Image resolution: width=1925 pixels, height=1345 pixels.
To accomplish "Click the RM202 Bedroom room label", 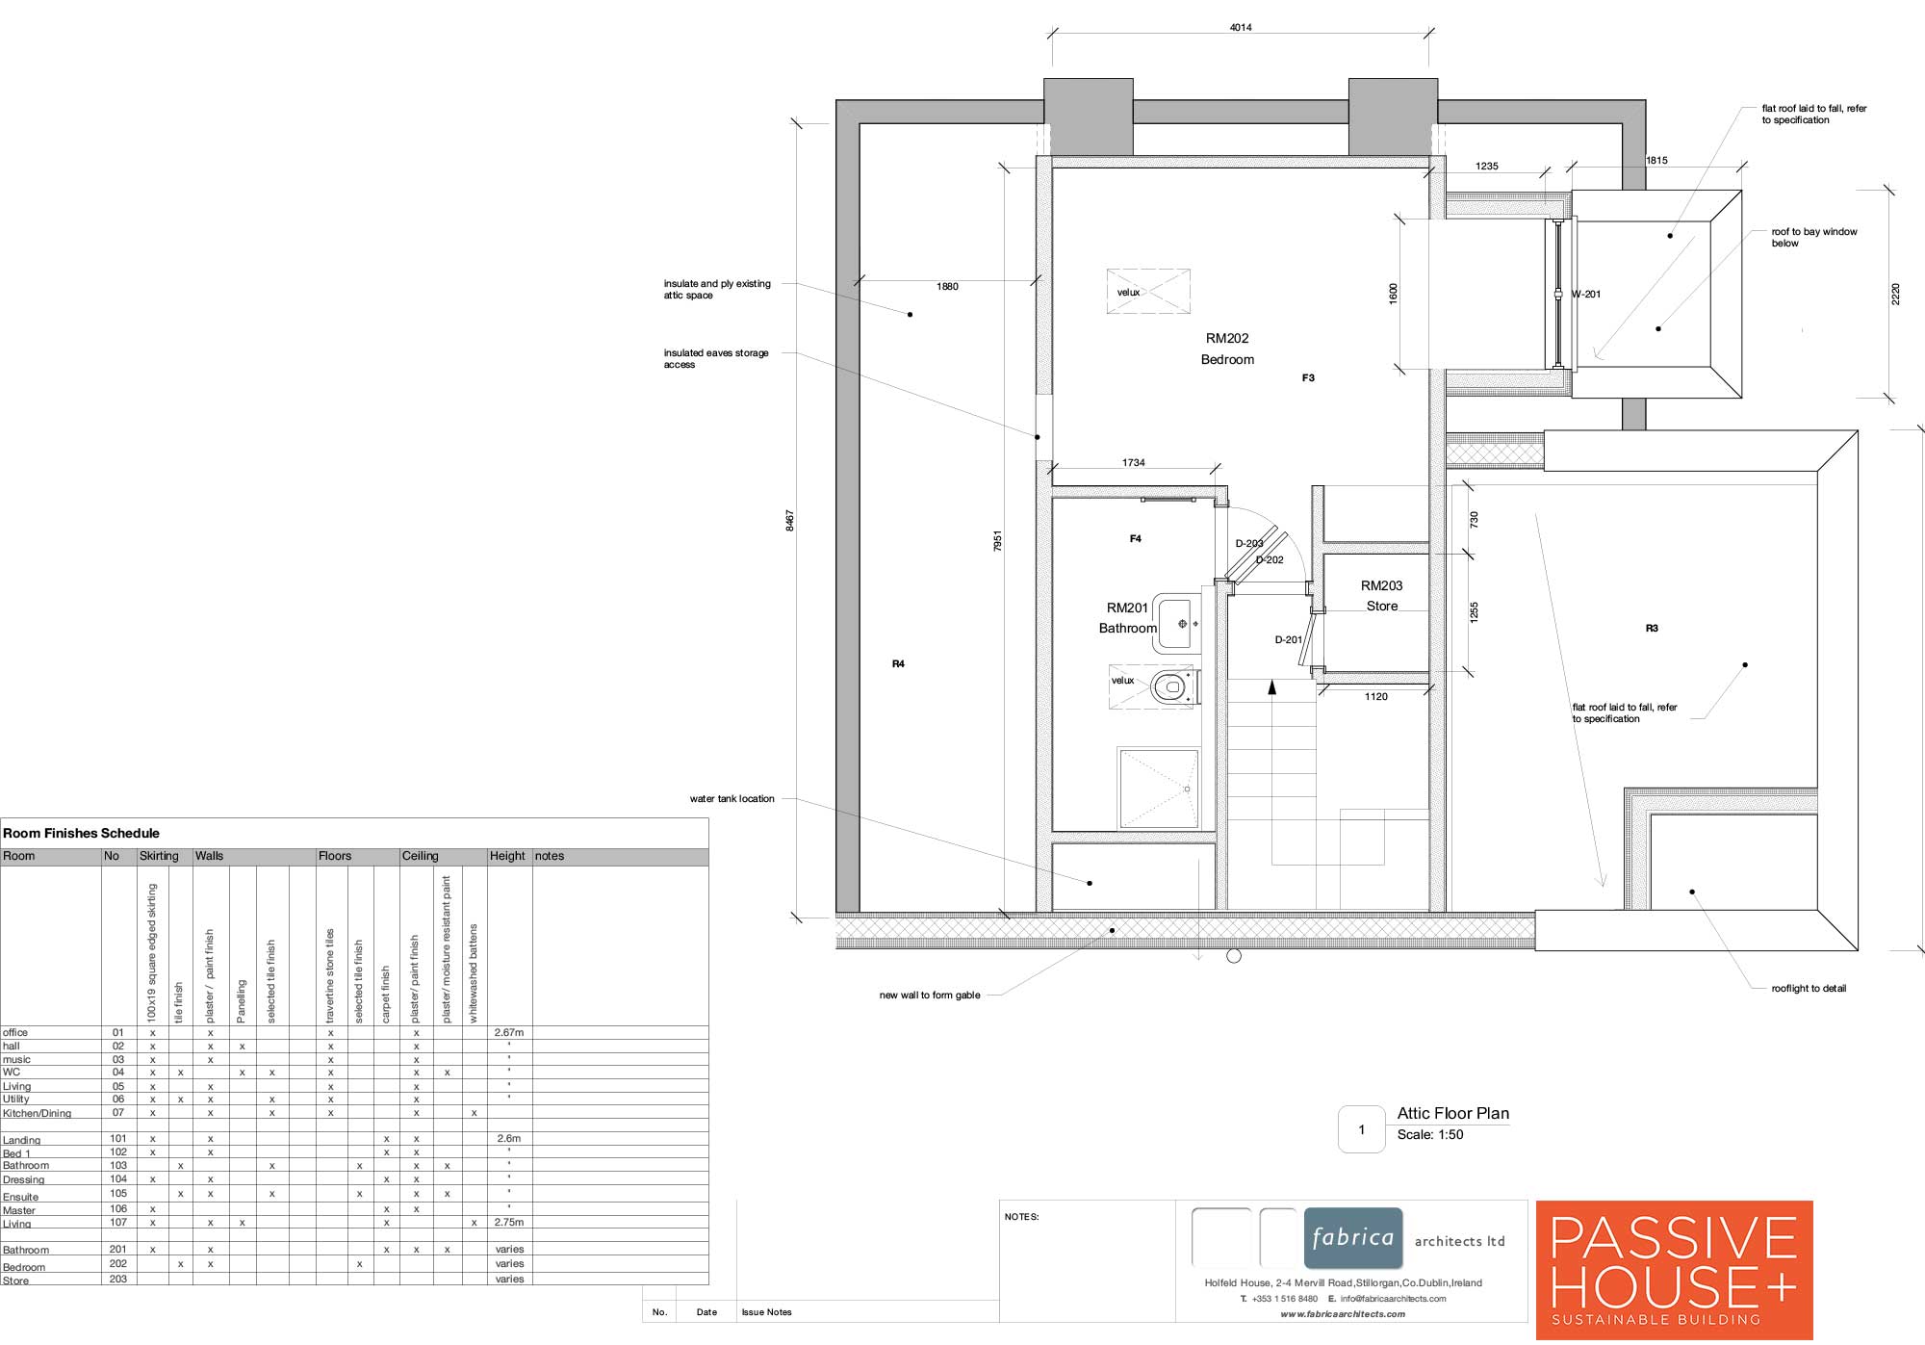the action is pyautogui.click(x=1227, y=349).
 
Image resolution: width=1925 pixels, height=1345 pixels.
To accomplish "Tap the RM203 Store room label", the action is pyautogui.click(x=1381, y=596).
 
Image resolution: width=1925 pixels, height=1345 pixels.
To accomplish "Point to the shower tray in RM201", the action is pyautogui.click(x=1159, y=788).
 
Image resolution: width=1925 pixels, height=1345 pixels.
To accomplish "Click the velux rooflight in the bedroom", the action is pyautogui.click(x=1148, y=292).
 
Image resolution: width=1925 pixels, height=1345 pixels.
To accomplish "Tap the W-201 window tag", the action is pyautogui.click(x=1586, y=295).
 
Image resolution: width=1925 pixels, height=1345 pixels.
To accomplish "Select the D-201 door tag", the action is pyautogui.click(x=1289, y=639).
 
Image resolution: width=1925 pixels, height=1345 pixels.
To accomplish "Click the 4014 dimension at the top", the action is pyautogui.click(x=1241, y=28).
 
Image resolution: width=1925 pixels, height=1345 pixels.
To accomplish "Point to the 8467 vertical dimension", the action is pyautogui.click(x=790, y=521).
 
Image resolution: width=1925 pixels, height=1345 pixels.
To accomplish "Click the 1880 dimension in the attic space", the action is pyautogui.click(x=947, y=287).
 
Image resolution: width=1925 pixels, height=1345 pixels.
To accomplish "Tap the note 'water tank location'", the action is pyautogui.click(x=731, y=799).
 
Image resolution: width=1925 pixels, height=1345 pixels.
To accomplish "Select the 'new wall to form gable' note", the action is pyautogui.click(x=930, y=996).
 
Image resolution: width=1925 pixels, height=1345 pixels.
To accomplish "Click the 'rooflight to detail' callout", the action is pyautogui.click(x=1809, y=989).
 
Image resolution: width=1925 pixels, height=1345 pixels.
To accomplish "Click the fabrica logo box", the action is pyautogui.click(x=1353, y=1238).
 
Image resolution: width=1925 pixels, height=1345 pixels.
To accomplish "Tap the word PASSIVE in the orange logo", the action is pyautogui.click(x=1674, y=1238).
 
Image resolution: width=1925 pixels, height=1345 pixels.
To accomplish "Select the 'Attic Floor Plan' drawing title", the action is pyautogui.click(x=1453, y=1113).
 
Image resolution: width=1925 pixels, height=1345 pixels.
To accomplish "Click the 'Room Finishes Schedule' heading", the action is pyautogui.click(x=81, y=834).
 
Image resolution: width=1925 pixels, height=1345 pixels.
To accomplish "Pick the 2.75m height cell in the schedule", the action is pyautogui.click(x=509, y=1223).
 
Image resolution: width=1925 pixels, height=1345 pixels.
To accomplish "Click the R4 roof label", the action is pyautogui.click(x=898, y=664).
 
